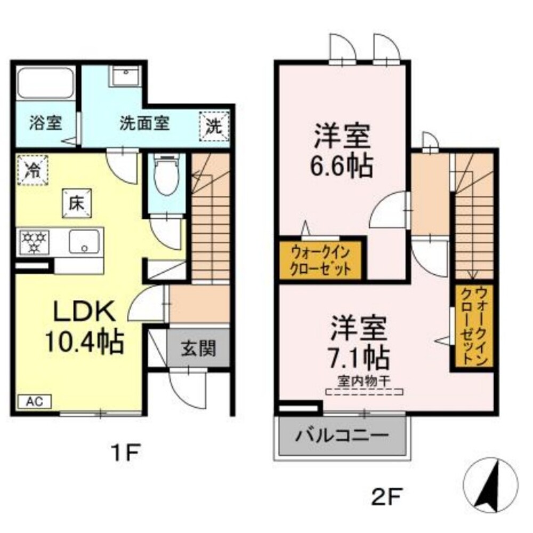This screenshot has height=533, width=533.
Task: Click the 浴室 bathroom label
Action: pyautogui.click(x=46, y=122)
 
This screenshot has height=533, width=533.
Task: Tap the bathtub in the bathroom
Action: pyautogui.click(x=46, y=84)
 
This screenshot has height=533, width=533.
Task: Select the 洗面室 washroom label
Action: pyautogui.click(x=144, y=123)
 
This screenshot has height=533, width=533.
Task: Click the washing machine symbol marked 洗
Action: pyautogui.click(x=214, y=126)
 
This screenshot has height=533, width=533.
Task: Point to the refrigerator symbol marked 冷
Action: pyautogui.click(x=33, y=170)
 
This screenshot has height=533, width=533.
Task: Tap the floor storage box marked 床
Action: pyautogui.click(x=77, y=203)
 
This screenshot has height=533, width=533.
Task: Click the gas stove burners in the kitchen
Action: pyautogui.click(x=34, y=242)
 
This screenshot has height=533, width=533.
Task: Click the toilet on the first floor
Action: pyautogui.click(x=166, y=175)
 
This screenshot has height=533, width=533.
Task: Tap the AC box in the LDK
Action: pyautogui.click(x=34, y=401)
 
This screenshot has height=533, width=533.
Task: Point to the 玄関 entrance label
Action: pyautogui.click(x=198, y=348)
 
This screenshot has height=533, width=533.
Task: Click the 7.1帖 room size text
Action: pyautogui.click(x=358, y=358)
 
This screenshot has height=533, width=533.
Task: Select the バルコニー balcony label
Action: pyautogui.click(x=341, y=435)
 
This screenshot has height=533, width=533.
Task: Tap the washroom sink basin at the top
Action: pyautogui.click(x=125, y=76)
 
